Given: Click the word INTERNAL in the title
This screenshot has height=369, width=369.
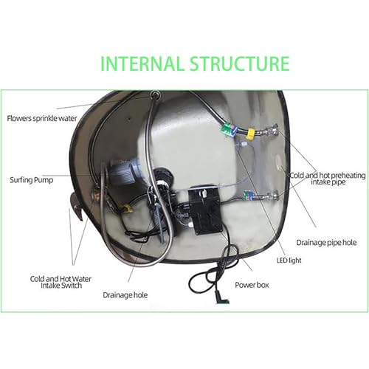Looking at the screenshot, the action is coord(142,63).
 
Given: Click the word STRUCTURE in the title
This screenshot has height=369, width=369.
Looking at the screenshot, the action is coord(240,63).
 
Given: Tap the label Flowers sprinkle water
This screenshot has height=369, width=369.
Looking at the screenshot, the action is coord(42,119).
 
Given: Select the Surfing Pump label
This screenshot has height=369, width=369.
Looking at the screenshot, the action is coord(32,180).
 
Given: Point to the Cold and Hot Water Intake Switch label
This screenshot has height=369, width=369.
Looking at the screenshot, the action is coord(61,282).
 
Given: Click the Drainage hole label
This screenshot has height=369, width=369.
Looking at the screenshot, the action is coord(125,295).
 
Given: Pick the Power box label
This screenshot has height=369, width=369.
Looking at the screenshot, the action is coord(252,285).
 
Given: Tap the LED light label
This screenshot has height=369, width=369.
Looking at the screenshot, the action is coord(289,261).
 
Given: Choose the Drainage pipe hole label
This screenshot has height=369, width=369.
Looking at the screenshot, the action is coord(326,243).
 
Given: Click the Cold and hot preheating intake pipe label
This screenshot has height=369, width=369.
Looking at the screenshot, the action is coord(328,179).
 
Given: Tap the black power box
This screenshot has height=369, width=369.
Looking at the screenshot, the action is coord(204,209).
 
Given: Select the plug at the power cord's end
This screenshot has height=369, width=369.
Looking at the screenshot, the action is coord(222,297).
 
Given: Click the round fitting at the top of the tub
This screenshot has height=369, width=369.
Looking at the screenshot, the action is coord(155,94).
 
